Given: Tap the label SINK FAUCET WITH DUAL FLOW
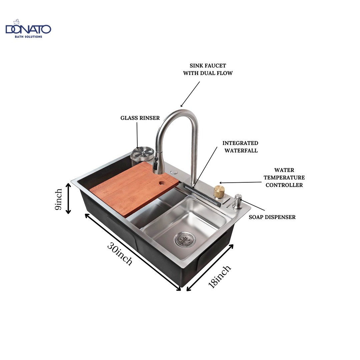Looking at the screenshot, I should [208, 69].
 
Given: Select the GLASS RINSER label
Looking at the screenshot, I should [140, 118].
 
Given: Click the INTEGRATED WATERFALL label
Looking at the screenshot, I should [240, 147].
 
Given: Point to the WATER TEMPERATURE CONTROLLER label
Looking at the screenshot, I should [284, 178].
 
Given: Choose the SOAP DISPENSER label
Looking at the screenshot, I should [272, 217].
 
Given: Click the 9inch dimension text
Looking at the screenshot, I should [59, 199].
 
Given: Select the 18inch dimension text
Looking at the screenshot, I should [219, 276].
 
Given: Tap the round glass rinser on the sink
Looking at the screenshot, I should [143, 153].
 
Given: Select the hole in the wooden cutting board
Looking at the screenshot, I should [162, 183].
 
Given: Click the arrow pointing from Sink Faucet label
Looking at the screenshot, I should [190, 94].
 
